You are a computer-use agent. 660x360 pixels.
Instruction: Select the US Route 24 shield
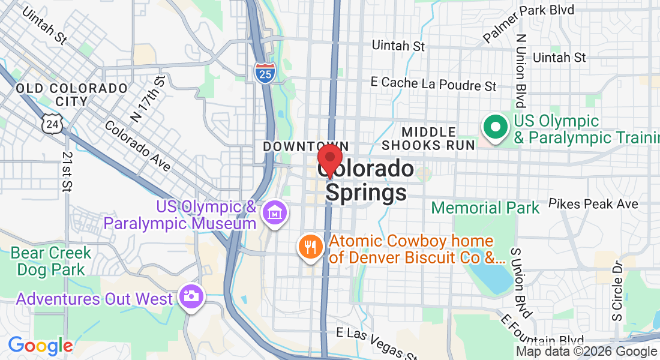[50, 123]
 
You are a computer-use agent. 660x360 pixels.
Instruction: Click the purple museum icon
[275, 212]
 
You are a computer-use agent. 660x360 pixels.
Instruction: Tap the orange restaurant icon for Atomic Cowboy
[310, 247]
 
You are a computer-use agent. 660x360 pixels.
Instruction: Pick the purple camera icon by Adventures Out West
[192, 296]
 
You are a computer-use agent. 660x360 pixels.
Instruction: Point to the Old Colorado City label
[71, 95]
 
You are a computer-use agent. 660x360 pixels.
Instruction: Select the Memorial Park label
[485, 208]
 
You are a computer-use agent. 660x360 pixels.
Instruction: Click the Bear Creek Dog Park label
[50, 261]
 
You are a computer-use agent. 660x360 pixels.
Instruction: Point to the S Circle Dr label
[618, 289]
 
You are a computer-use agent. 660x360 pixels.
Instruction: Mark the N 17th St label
[147, 98]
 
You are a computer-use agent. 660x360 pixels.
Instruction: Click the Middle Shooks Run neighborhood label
[428, 138]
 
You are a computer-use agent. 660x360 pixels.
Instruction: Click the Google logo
[40, 346]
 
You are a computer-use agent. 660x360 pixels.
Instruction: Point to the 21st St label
[66, 171]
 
